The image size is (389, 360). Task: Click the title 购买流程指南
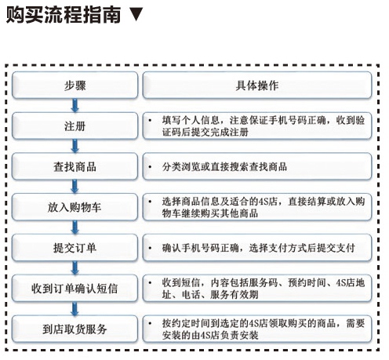point(64,15)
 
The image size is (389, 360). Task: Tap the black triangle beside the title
point(136,14)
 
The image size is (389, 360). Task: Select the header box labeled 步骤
point(75,85)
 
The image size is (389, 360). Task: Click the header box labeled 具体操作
point(257,85)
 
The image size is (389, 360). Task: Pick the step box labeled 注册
point(75,125)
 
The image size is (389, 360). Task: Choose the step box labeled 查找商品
point(75,166)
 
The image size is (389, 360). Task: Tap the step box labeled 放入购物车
point(75,207)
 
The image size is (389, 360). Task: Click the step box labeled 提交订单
point(75,248)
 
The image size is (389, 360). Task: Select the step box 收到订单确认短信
point(75,288)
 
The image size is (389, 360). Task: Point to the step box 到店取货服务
point(75,329)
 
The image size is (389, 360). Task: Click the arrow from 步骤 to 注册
point(75,105)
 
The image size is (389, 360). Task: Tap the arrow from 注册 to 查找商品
point(75,146)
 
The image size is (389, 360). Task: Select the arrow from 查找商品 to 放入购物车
point(75,187)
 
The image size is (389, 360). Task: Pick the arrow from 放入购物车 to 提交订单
point(75,227)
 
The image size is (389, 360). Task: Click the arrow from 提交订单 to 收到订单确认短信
point(75,267)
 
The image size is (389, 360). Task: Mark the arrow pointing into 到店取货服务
point(75,308)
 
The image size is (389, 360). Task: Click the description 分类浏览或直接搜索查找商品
point(224,167)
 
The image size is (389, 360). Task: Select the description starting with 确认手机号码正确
point(258,248)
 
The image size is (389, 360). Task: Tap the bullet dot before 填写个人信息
point(150,121)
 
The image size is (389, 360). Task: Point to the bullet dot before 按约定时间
point(150,324)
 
